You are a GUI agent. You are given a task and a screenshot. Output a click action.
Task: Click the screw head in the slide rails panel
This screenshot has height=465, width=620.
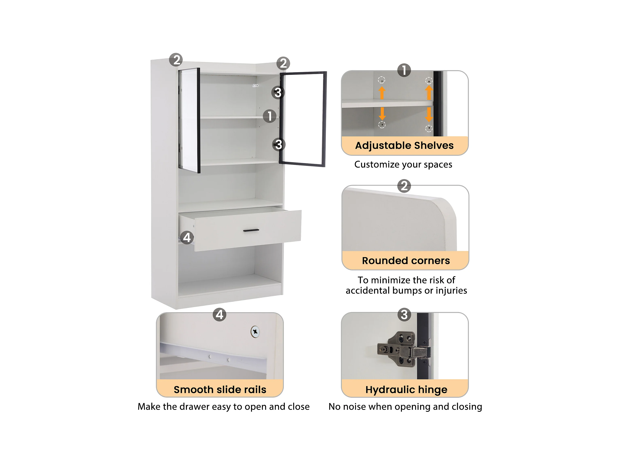pyautogui.click(x=255, y=332)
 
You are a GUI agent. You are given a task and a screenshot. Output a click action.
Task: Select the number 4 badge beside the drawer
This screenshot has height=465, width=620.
pyautogui.click(x=187, y=238)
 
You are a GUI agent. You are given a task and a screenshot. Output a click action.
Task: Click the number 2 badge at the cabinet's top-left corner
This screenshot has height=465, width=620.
pyautogui.click(x=176, y=60)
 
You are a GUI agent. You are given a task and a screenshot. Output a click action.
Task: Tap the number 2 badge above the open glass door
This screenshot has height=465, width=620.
pyautogui.click(x=283, y=63)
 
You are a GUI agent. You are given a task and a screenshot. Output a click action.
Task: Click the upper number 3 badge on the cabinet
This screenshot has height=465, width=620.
pyautogui.click(x=278, y=92)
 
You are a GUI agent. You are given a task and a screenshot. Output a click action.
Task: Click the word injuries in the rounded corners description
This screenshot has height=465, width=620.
pyautogui.click(x=451, y=291)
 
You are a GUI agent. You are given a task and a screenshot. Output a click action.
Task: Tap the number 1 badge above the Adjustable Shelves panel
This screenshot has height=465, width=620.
pyautogui.click(x=404, y=70)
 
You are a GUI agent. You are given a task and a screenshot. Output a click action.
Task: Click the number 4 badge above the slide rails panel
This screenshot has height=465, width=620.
pyautogui.click(x=219, y=314)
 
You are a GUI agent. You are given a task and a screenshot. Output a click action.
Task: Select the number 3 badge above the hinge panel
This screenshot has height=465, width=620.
pyautogui.click(x=404, y=314)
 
